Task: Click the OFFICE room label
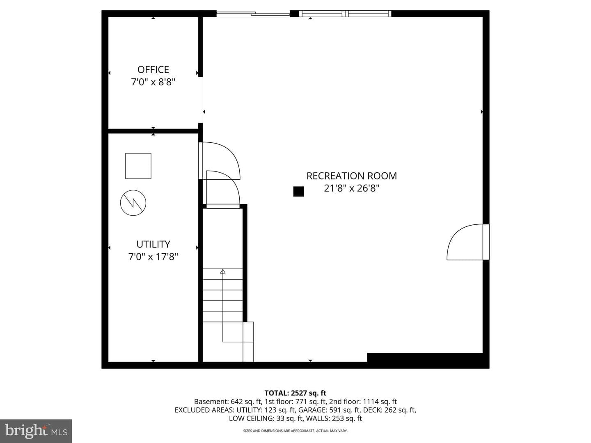(x=153, y=70)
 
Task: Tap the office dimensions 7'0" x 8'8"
(x=153, y=82)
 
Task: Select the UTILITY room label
(x=153, y=244)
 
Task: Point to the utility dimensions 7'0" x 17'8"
(x=153, y=257)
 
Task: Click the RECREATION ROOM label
(x=352, y=176)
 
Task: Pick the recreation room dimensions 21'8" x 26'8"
(x=352, y=188)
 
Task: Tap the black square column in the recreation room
(x=298, y=192)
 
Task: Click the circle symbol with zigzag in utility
(x=133, y=203)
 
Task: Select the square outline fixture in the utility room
(x=138, y=166)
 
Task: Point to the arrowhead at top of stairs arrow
(x=223, y=272)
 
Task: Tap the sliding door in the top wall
(x=253, y=13)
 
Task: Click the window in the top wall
(x=345, y=14)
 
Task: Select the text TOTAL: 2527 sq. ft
(x=295, y=393)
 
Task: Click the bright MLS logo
(x=36, y=431)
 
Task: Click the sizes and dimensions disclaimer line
(x=295, y=431)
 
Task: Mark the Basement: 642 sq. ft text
(x=228, y=402)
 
